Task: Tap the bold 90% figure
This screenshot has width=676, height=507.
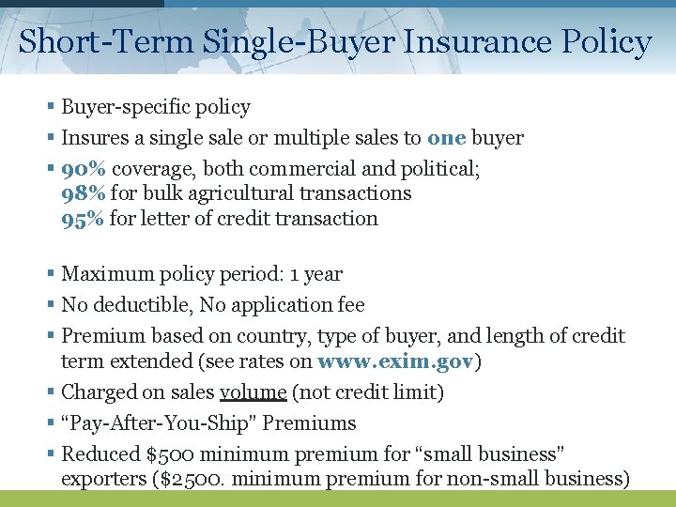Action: coord(84,169)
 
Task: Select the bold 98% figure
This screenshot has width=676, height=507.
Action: coord(84,193)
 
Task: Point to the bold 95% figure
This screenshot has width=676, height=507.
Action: coord(84,219)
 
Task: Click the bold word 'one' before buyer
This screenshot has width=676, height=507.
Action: coord(446,138)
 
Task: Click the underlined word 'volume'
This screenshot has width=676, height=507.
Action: coord(253,392)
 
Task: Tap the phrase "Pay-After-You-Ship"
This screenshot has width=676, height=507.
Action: coord(159,423)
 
